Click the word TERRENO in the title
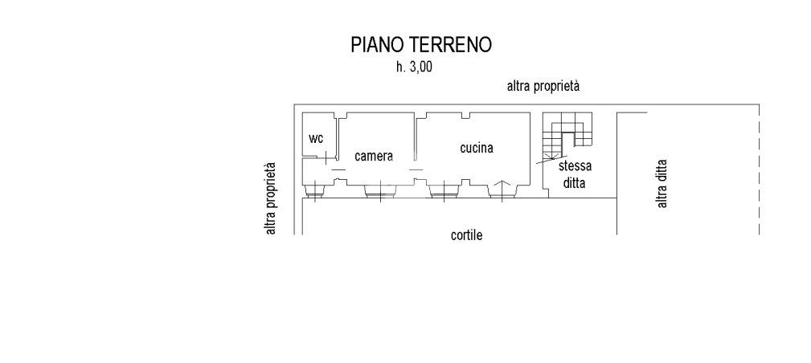tap(452, 45)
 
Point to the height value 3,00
tap(420, 68)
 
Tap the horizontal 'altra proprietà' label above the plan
tap(543, 86)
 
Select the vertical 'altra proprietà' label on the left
tap(272, 198)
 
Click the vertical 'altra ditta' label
tap(663, 184)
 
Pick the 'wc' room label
tap(317, 139)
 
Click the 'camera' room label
tap(374, 157)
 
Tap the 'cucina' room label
tap(476, 148)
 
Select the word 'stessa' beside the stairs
tap(575, 167)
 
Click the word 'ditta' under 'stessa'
tap(575, 183)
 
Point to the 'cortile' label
tap(466, 235)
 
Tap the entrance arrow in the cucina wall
tap(501, 189)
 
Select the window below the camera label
tap(378, 190)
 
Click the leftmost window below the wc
tap(316, 190)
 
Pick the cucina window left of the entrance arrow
tap(443, 190)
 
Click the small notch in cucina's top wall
tap(465, 115)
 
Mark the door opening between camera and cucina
tap(416, 169)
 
